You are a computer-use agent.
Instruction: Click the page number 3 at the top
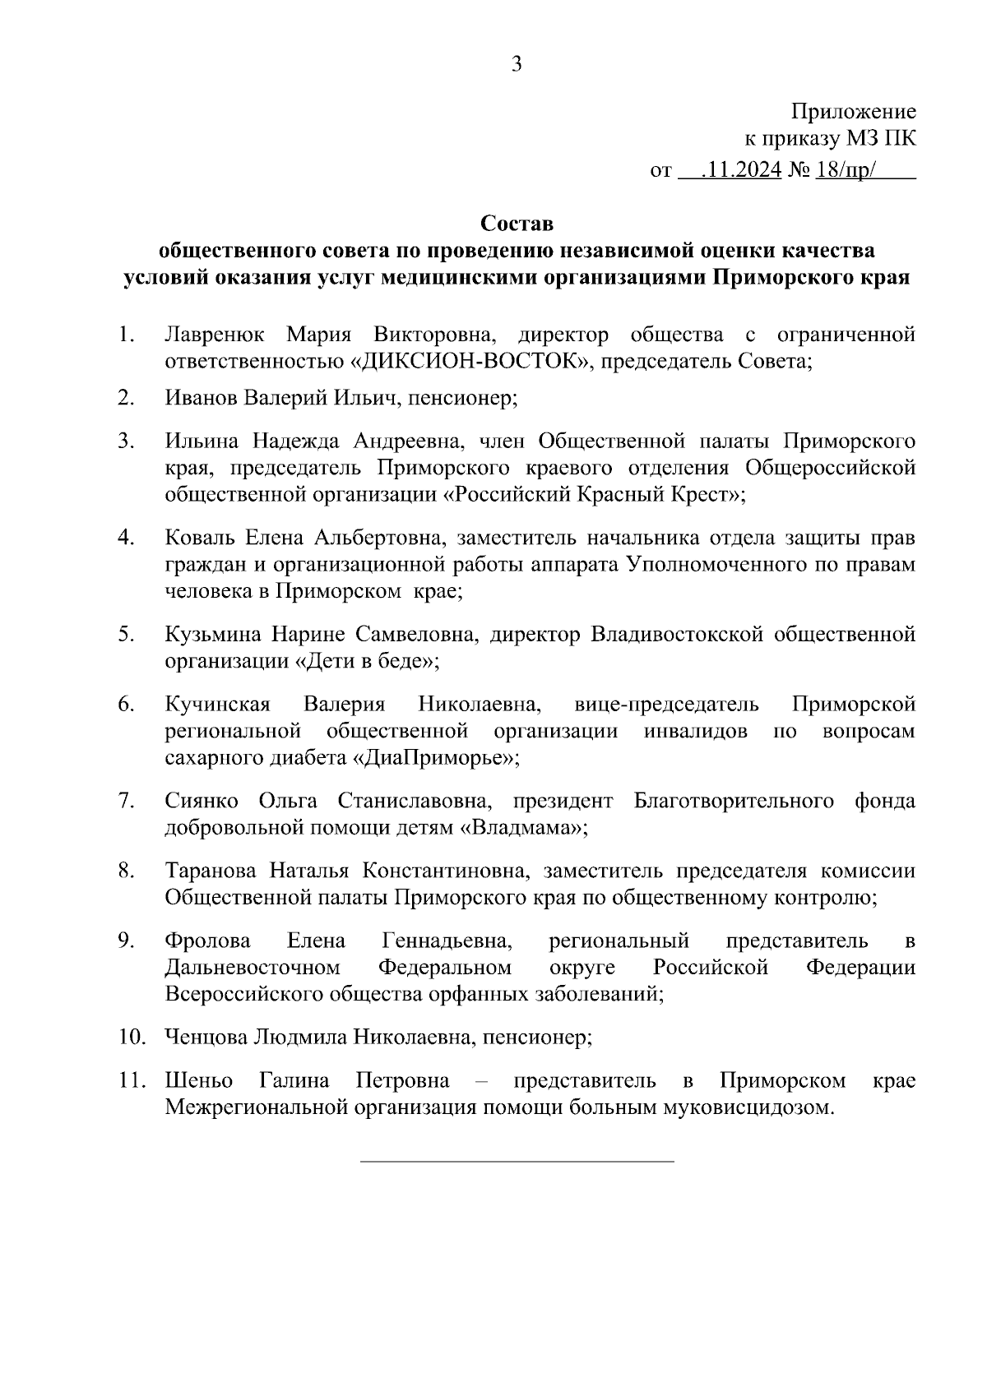pyautogui.click(x=516, y=65)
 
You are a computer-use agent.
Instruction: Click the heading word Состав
pyautogui.click(x=517, y=223)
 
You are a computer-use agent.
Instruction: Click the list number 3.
pyautogui.click(x=125, y=441)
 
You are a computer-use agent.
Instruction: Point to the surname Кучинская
pyautogui.click(x=217, y=705)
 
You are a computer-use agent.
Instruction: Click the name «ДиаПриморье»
pyautogui.click(x=435, y=757)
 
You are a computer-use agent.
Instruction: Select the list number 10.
pyautogui.click(x=130, y=1037)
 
